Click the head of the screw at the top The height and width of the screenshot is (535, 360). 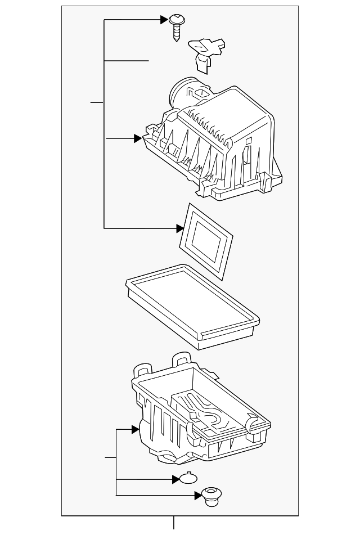point(175,21)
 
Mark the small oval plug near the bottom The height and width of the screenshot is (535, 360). point(188,479)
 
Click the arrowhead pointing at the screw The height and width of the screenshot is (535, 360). point(164,20)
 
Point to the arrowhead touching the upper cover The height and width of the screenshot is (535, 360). point(138,138)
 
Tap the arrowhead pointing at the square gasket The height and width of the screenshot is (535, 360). point(180,228)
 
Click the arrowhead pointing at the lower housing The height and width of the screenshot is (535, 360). point(136,430)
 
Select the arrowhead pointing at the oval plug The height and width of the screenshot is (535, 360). point(175,480)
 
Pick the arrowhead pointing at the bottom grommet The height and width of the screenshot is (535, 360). point(197,495)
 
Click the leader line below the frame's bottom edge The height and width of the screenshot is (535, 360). point(174,523)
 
